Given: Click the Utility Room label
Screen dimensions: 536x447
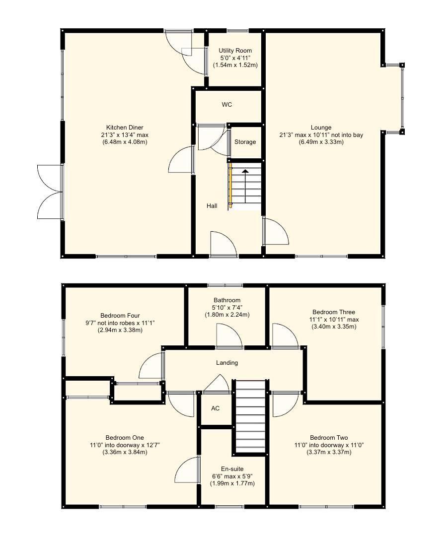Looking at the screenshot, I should point(235,51).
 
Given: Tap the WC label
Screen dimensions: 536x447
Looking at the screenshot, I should point(227,105).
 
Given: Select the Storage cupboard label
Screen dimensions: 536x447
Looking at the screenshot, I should point(245,142).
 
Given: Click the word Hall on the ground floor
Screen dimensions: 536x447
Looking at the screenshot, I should point(212,205).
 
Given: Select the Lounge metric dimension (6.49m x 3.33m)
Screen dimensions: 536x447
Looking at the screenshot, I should point(321,142).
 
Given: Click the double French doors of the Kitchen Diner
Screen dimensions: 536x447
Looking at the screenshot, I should point(50,192).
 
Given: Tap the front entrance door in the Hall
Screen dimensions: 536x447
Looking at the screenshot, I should point(223,244).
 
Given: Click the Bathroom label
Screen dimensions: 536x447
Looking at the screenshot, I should point(227,300).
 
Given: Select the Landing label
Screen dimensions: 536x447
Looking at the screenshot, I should point(226,363).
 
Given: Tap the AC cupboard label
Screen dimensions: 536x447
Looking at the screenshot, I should point(215,408).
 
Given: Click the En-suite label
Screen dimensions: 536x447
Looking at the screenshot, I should point(232,469).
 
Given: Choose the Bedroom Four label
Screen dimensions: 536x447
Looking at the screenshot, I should point(120,315).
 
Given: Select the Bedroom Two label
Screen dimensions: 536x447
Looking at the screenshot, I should point(329,437).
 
